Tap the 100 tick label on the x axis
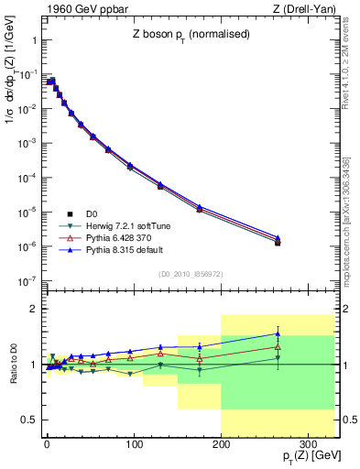coord(134,442)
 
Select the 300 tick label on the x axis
coord(309,442)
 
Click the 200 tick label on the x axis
coord(221,442)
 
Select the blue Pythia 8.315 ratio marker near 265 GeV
coord(278,333)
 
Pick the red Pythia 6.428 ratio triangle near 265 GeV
coord(278,346)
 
